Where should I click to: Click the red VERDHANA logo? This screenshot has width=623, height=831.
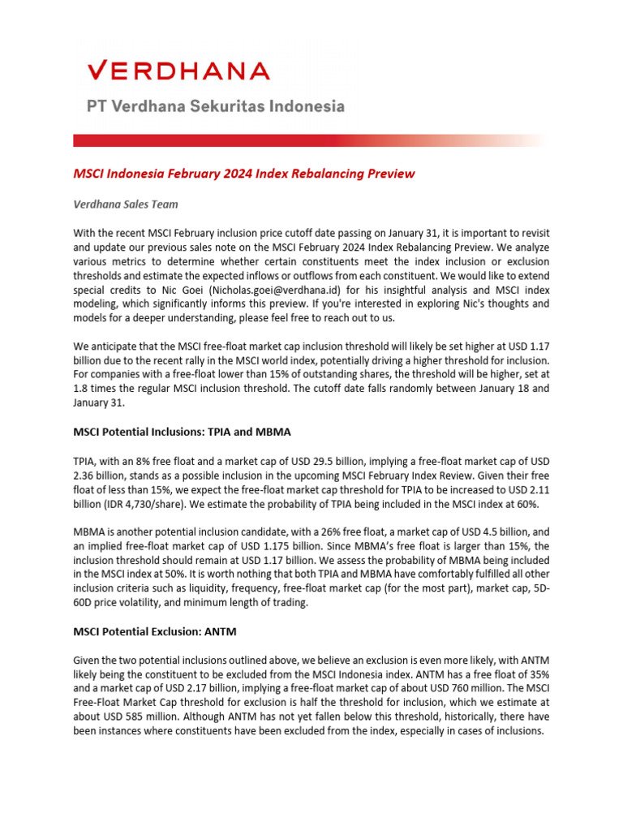click(x=178, y=71)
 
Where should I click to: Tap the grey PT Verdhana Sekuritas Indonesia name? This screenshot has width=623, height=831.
click(x=216, y=106)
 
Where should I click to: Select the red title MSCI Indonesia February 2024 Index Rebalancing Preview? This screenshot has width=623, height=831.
click(x=244, y=173)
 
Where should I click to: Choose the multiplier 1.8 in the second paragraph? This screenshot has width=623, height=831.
click(x=81, y=387)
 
